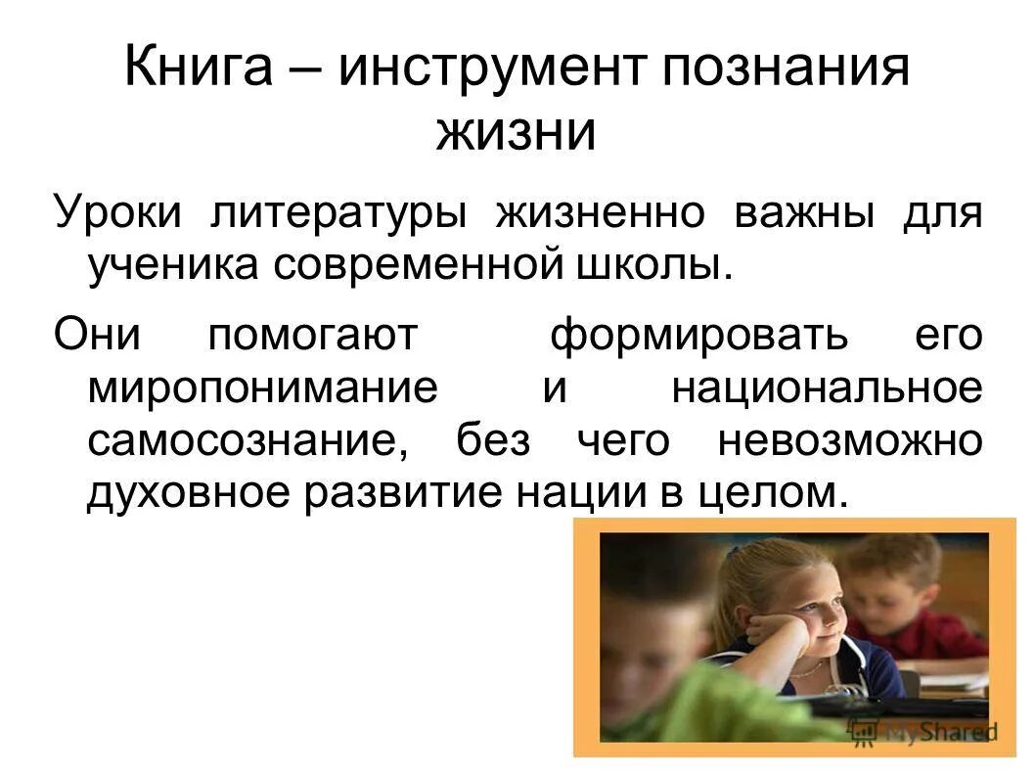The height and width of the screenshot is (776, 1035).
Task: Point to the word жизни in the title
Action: point(516,133)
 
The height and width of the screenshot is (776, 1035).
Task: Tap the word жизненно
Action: point(599,212)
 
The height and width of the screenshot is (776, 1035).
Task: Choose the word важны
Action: point(804,212)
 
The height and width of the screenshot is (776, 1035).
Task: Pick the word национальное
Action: point(826,388)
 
